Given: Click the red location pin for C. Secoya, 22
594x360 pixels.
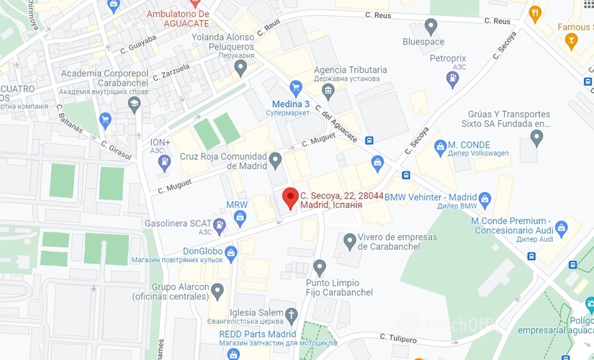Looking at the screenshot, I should (290, 197).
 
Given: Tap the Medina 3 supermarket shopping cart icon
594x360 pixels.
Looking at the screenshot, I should (295, 88).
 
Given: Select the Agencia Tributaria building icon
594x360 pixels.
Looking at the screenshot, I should (328, 90).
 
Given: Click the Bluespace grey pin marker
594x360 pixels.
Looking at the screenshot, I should (431, 27).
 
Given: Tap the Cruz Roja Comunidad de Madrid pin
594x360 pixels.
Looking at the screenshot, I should (275, 160).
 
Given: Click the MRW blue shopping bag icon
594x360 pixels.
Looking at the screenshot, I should (240, 217).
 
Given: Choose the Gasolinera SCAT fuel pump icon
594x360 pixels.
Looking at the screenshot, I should (220, 225).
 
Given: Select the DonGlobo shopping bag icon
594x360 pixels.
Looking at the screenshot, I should (230, 252).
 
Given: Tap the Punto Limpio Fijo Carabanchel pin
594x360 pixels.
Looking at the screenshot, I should (320, 266).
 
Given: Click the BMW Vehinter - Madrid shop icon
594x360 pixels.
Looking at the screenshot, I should (485, 198).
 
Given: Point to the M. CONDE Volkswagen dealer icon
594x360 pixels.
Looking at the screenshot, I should (441, 148).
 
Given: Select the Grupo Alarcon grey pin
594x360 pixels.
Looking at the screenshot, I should (217, 289).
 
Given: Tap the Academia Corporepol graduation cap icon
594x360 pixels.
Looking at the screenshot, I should (134, 104).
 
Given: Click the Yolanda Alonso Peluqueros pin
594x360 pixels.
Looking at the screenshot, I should (240, 67).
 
